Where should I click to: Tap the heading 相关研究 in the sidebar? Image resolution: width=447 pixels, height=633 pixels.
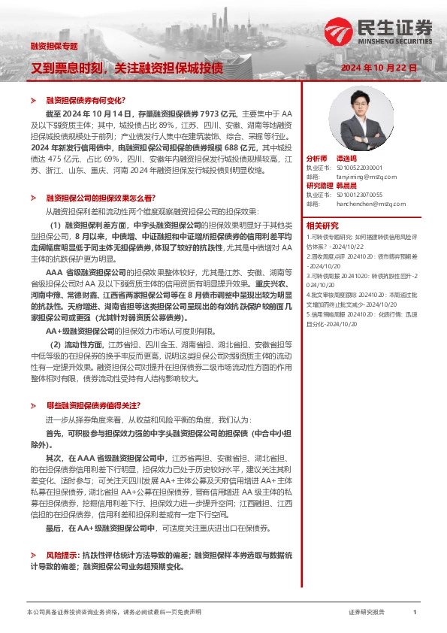pos(322,225)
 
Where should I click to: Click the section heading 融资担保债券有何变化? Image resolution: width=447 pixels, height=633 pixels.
pos(86,100)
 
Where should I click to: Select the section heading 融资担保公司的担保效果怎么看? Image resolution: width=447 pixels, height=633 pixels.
pos(101,197)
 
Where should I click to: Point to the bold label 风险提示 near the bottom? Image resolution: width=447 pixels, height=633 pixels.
pos(62,553)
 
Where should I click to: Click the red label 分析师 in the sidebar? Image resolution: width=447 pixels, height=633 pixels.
pos(317,159)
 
